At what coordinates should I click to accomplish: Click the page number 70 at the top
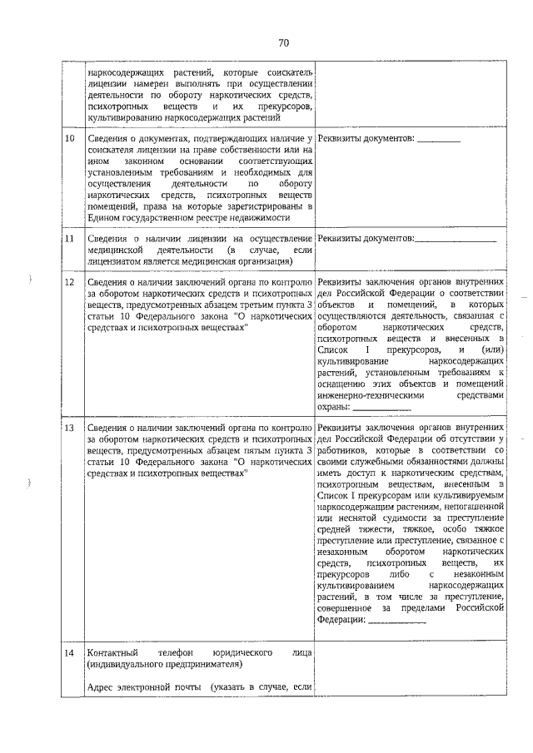(284, 43)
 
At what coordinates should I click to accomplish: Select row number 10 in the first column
(71, 136)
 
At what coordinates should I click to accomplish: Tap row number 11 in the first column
(71, 240)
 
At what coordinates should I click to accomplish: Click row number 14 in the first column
(71, 654)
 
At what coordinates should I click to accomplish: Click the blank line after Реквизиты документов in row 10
(438, 137)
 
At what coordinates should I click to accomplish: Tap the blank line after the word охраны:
(382, 409)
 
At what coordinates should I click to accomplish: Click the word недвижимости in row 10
(259, 217)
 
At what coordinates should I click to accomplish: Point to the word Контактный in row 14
(112, 654)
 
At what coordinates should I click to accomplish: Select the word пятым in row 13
(222, 450)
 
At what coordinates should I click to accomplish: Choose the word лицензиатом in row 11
(117, 261)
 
